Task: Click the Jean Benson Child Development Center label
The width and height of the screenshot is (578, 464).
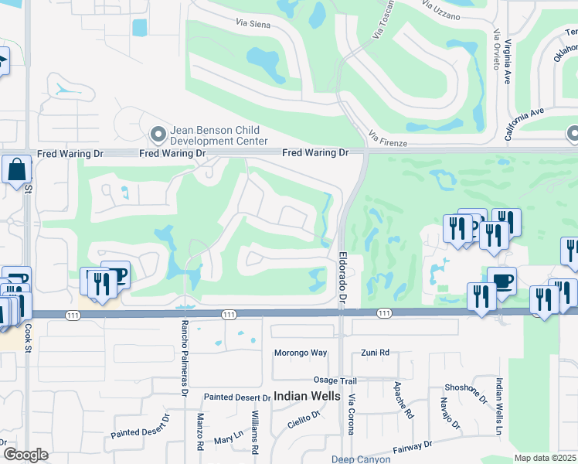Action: [x=219, y=136]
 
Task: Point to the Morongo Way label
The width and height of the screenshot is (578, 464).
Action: [x=301, y=353]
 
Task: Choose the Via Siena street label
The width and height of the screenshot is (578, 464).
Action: [x=252, y=24]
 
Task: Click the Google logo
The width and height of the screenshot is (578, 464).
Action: [x=26, y=455]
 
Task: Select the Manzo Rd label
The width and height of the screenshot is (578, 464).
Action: [x=199, y=432]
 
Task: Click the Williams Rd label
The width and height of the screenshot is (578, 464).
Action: [x=255, y=432]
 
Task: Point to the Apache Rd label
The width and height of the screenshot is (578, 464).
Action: [x=403, y=400]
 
